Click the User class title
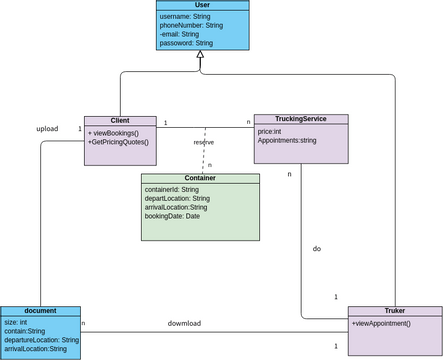200,5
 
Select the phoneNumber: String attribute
193,25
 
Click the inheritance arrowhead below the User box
200,57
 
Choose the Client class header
120,120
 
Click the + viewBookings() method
116,132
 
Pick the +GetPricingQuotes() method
119,142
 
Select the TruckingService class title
301,118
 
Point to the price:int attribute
269,131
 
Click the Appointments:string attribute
287,141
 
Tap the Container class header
200,178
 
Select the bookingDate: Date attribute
173,216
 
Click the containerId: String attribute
172,189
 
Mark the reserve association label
203,142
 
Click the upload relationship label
47,128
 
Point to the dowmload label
184,323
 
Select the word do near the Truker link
317,248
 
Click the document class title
40,311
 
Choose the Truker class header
394,311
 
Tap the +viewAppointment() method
381,323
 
